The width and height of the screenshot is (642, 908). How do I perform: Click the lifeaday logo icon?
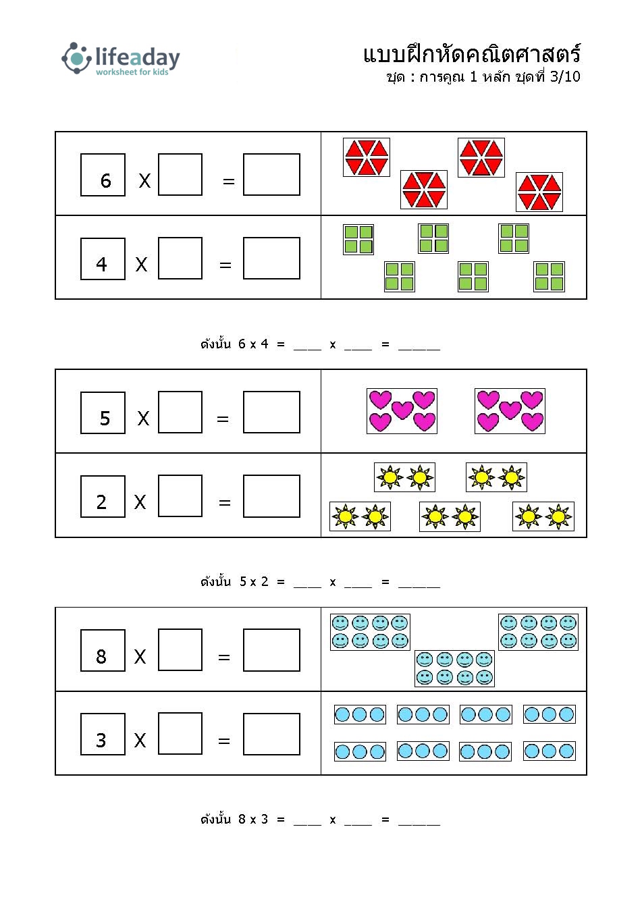pos(76,58)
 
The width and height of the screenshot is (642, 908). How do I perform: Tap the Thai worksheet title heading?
pos(472,53)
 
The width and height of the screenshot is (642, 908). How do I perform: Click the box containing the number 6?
pos(103,175)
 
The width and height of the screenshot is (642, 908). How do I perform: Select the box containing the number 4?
pos(103,259)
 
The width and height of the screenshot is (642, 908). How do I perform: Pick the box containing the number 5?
pos(103,412)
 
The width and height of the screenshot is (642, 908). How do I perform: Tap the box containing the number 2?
pos(103,497)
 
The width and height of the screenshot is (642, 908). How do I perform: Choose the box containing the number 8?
pos(103,651)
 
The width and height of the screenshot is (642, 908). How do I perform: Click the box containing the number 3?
pos(103,735)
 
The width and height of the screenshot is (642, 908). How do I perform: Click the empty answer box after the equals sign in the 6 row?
pos(271,175)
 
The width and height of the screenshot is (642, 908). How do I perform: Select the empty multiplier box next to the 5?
pos(180,412)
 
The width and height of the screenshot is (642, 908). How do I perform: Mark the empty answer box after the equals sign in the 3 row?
pos(271,734)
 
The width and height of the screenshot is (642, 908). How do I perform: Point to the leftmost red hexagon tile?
pos(367,157)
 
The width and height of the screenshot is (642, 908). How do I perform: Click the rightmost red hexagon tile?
pos(539,192)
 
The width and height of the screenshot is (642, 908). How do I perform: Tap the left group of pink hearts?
pos(402,411)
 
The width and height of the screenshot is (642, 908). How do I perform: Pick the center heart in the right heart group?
pos(510,410)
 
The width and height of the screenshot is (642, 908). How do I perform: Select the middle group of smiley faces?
pos(454,668)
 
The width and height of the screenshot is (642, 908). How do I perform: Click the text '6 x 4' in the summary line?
pos(253,344)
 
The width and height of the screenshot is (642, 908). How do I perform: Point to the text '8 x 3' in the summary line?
pos(253,820)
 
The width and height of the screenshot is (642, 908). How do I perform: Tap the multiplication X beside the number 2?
pos(140,502)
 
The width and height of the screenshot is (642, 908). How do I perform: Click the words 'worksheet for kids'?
pos(132,72)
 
